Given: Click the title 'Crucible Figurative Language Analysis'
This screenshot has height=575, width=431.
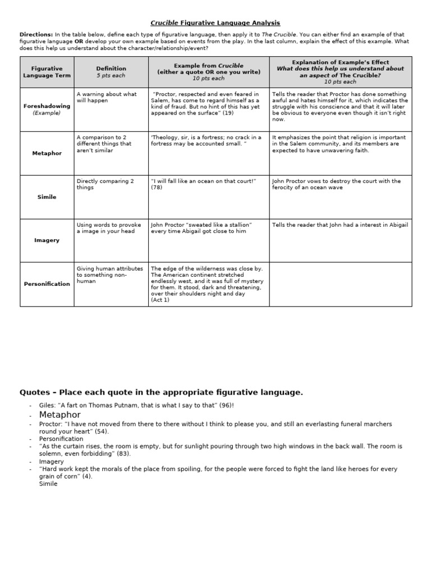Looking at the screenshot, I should [215, 23].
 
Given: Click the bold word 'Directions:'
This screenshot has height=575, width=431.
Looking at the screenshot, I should [36, 35].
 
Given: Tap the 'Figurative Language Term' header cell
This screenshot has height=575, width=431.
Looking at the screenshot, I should [47, 72].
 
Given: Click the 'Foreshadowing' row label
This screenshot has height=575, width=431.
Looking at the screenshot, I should [47, 106].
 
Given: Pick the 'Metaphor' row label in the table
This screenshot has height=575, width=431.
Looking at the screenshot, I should [47, 153].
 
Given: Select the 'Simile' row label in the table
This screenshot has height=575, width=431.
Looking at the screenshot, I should [47, 197].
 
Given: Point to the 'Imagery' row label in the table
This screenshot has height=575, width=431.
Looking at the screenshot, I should [47, 240].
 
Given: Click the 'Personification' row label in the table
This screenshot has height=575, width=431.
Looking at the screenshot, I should [47, 284].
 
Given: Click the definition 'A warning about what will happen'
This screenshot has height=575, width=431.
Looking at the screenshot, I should [107, 97].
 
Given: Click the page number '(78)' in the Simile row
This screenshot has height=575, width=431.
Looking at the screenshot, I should [157, 188].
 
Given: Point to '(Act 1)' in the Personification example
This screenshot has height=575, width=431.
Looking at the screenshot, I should [160, 300].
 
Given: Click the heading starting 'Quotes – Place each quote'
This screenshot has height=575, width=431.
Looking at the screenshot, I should [161, 393].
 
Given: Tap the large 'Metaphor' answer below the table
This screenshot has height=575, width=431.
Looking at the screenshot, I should [60, 414].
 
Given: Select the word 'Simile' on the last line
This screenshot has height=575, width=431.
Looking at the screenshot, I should [48, 483].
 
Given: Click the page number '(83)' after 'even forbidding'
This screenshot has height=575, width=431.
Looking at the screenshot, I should [123, 453].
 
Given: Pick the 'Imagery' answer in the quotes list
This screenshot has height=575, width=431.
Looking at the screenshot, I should [52, 461].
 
